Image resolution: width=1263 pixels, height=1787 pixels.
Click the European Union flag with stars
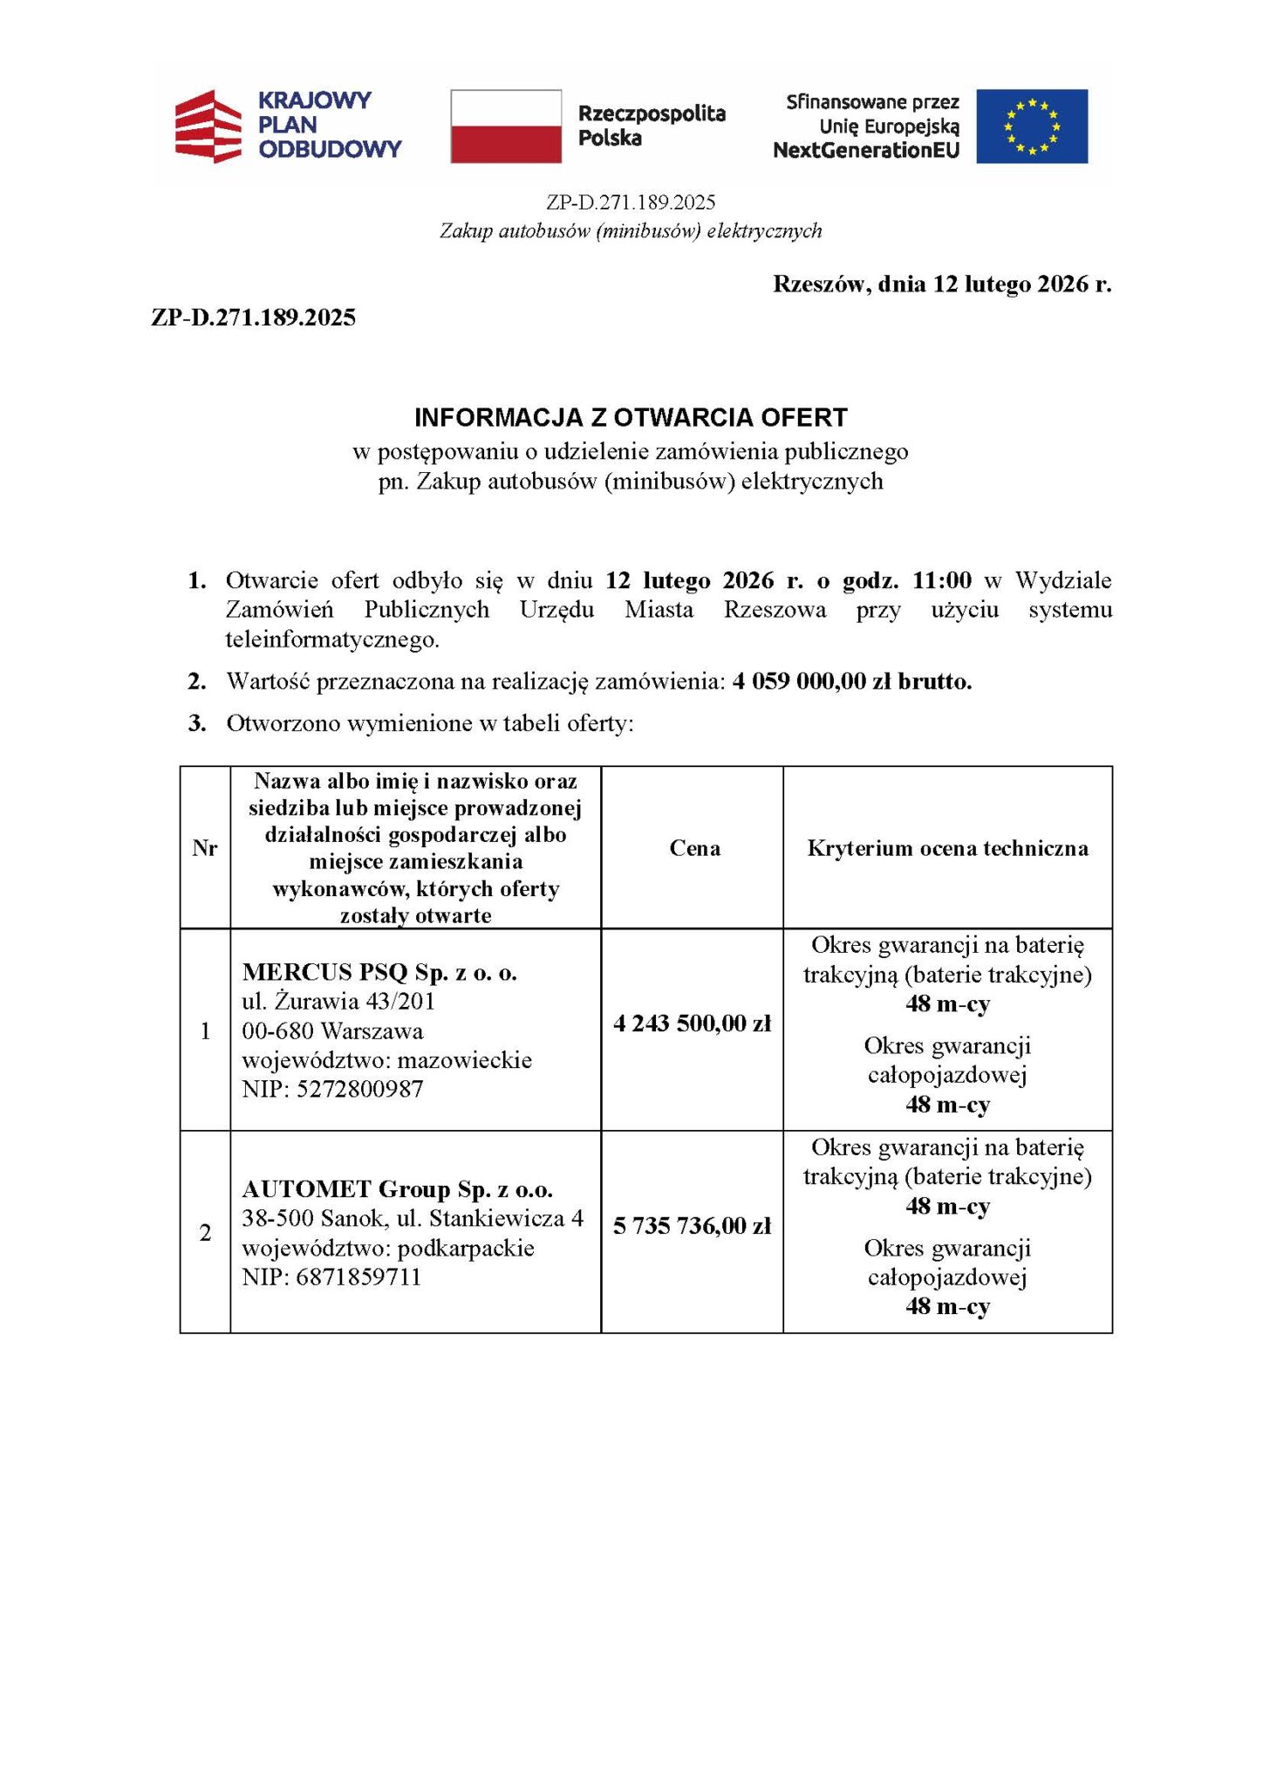[1031, 127]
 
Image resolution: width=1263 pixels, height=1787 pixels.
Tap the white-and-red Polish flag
[506, 127]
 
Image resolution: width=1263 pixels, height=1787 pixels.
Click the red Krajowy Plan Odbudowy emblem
[208, 127]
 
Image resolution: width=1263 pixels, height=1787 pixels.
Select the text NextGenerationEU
[865, 151]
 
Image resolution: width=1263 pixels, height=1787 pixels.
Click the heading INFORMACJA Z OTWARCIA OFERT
[631, 417]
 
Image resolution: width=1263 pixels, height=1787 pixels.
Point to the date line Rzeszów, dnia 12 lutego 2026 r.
[942, 284]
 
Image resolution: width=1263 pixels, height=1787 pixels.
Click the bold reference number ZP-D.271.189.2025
[254, 318]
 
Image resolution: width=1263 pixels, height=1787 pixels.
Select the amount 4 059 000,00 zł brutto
[852, 681]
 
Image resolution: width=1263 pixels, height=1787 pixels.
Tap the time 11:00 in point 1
[942, 580]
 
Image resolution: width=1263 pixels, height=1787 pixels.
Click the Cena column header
[694, 848]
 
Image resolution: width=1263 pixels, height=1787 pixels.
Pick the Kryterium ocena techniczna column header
[947, 848]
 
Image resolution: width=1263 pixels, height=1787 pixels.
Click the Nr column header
[205, 848]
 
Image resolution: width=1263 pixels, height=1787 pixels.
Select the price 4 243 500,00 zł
[693, 1024]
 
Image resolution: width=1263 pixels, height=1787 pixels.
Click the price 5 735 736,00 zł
[693, 1226]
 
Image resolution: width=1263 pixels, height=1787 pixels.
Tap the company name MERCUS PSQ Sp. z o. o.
[379, 972]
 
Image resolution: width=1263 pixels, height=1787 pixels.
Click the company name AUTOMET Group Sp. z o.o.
[397, 1189]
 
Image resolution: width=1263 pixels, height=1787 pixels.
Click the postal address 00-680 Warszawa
[332, 1030]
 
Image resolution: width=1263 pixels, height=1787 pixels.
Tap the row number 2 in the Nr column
[205, 1233]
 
